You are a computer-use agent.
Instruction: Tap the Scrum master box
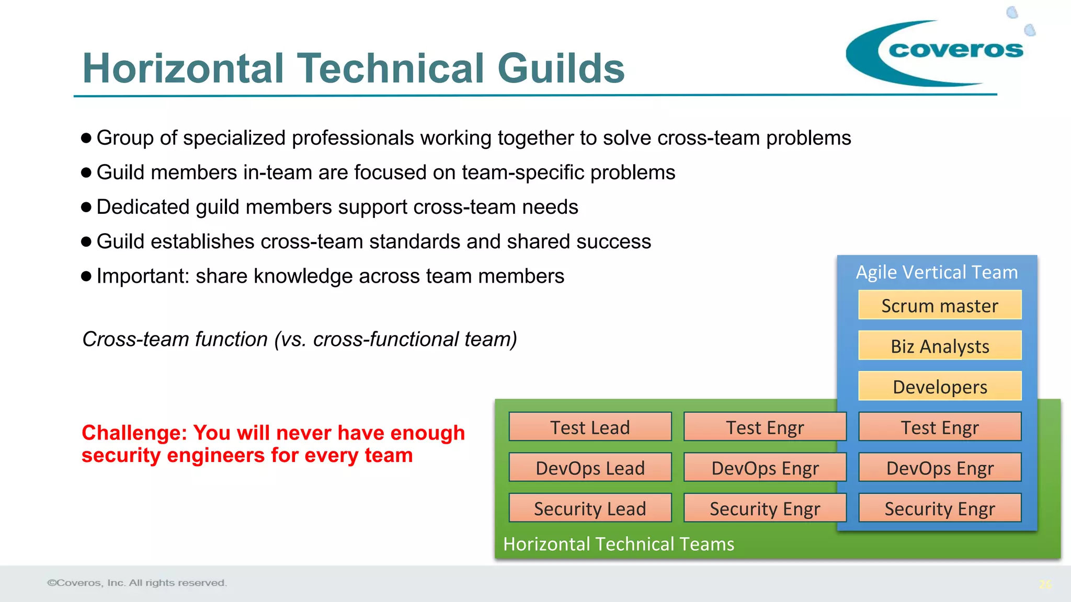click(939, 305)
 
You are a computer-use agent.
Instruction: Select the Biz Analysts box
click(939, 346)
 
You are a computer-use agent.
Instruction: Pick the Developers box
click(939, 387)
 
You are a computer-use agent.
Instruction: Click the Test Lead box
click(590, 427)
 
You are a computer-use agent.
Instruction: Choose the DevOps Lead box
click(590, 468)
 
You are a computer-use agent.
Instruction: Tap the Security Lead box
click(590, 508)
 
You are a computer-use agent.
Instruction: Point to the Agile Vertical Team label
click(937, 272)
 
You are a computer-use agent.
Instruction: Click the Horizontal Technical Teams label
click(619, 544)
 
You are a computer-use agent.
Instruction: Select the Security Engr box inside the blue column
click(939, 508)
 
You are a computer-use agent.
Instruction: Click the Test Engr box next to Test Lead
click(765, 427)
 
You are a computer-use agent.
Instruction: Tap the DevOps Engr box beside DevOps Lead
click(765, 468)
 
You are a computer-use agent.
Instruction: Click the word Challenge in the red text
click(134, 433)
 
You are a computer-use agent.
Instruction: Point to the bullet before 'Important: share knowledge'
click(87, 276)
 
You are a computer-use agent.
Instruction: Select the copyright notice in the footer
click(137, 583)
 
